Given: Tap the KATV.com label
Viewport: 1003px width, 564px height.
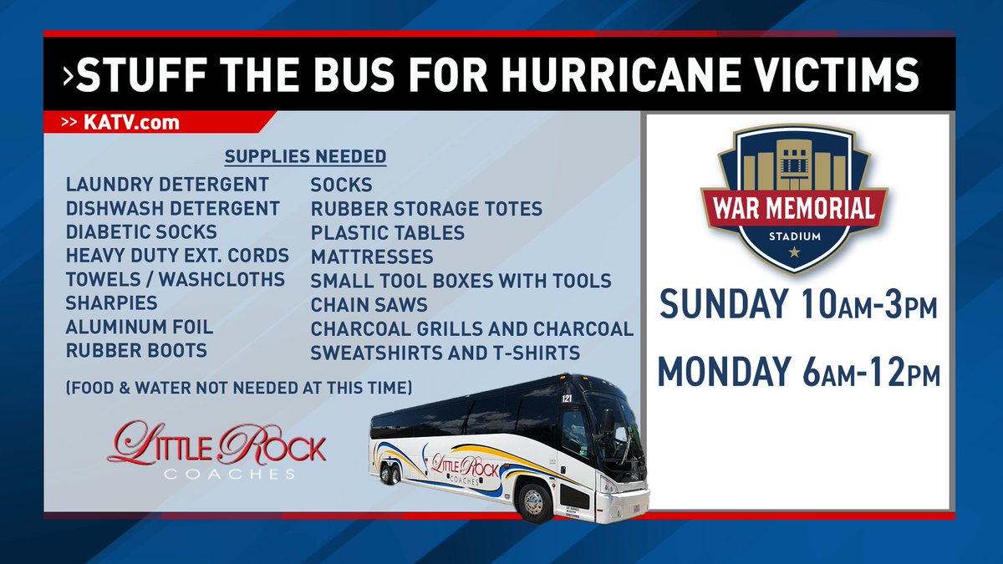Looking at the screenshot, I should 131,123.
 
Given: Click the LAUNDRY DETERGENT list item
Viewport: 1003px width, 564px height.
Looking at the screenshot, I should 167,184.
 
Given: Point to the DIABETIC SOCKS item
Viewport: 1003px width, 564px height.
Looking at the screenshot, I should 141,231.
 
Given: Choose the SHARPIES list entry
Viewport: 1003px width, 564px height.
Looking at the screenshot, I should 111,302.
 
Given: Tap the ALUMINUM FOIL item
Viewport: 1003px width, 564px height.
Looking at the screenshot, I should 140,327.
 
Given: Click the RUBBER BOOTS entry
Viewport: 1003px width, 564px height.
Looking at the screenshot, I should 136,351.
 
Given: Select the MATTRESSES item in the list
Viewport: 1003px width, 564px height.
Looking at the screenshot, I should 372,257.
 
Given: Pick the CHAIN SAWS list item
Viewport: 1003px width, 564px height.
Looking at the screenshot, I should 369,305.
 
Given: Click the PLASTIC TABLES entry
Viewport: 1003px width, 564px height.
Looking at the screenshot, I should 388,232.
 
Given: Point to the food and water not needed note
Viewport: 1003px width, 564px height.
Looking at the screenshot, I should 237,388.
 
